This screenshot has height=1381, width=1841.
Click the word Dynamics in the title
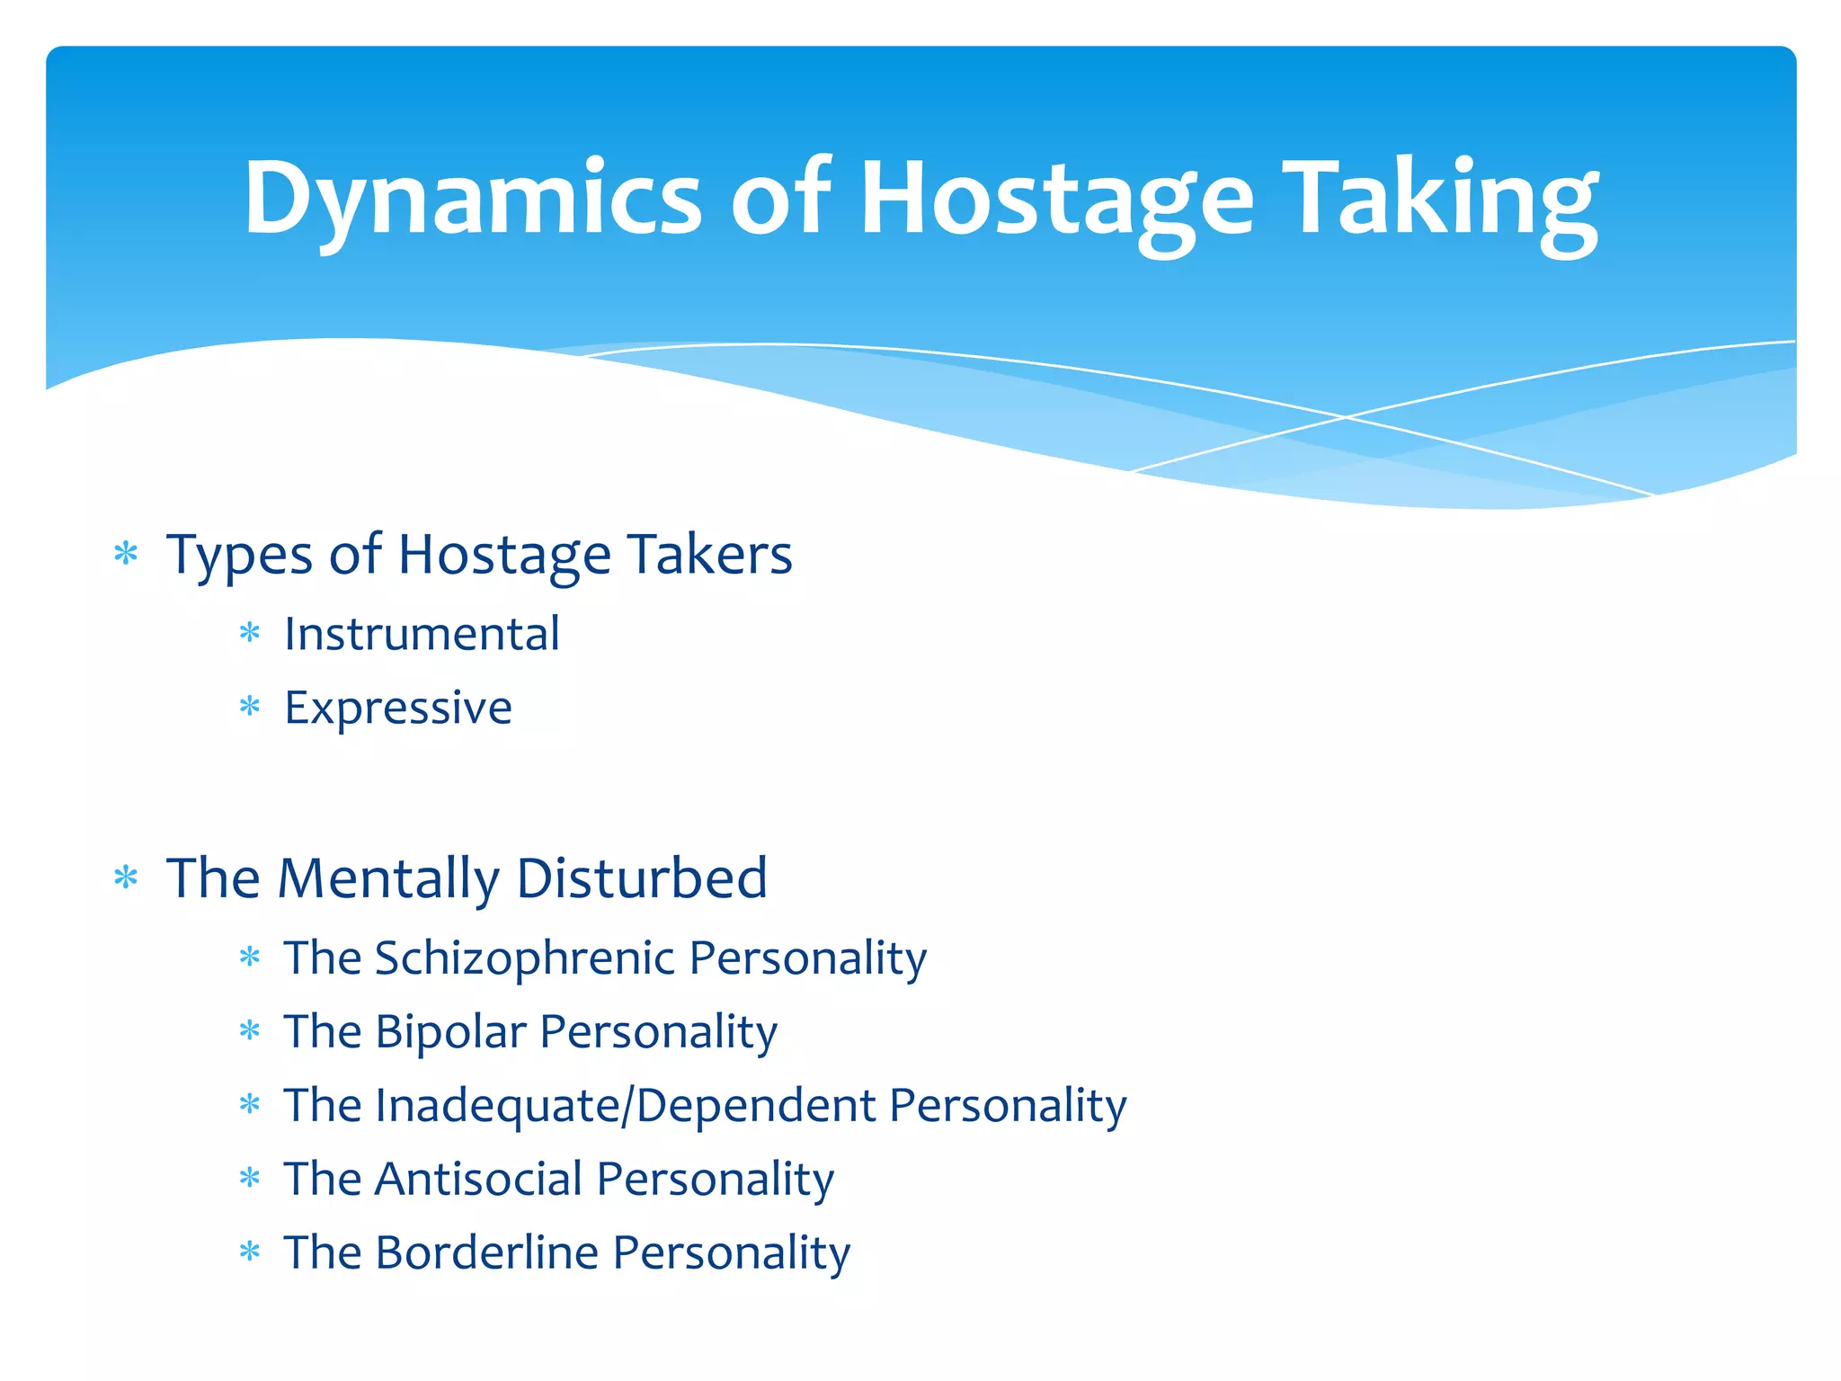472,198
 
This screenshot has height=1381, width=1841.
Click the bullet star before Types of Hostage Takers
126,554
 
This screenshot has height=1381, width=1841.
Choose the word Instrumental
422,634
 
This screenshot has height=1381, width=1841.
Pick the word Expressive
398,708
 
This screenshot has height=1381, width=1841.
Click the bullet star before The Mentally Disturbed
126,878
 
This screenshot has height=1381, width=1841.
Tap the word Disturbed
642,878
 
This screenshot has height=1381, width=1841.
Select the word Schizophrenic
524,958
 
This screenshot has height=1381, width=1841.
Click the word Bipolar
450,1031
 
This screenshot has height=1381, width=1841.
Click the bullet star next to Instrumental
250,635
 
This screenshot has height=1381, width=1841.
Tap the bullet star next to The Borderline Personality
250,1252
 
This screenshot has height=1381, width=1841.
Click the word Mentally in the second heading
388,878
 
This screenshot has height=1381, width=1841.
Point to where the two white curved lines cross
1346,417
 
